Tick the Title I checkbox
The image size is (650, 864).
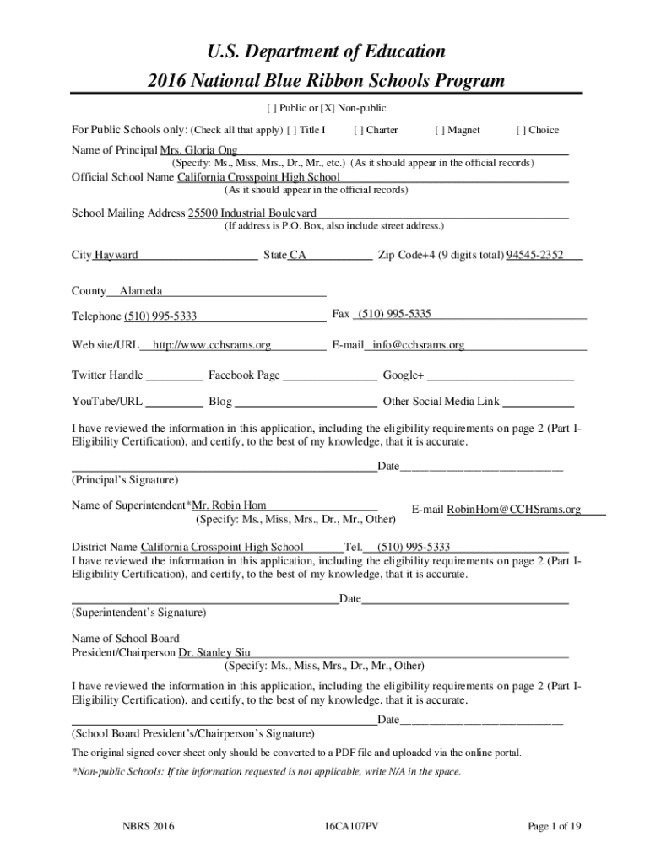pyautogui.click(x=291, y=130)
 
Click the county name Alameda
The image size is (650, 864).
pyautogui.click(x=141, y=291)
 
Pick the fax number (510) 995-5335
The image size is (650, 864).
pyautogui.click(x=394, y=314)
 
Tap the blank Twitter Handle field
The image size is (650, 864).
pyautogui.click(x=175, y=376)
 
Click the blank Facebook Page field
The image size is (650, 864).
pyautogui.click(x=330, y=376)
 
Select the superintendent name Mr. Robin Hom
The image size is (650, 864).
pyautogui.click(x=230, y=505)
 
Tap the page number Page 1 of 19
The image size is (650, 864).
pyautogui.click(x=555, y=827)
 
